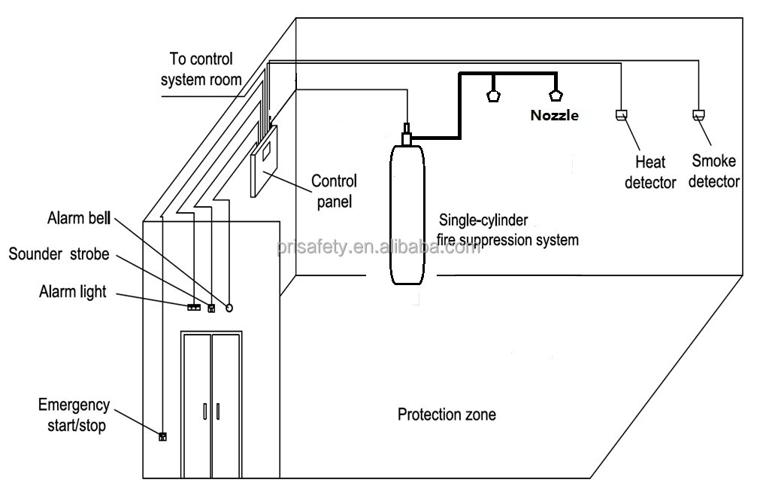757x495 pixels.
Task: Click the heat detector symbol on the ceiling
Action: tap(622, 115)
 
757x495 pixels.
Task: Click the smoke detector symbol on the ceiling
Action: tap(698, 116)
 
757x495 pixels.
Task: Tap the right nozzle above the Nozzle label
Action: tap(556, 96)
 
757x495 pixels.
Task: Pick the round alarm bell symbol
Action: tap(229, 307)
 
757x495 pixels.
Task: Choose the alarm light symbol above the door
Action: tap(193, 307)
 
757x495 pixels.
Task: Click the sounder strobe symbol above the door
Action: tap(212, 307)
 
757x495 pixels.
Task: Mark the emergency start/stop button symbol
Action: tap(162, 436)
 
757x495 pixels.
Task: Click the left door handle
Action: tap(204, 411)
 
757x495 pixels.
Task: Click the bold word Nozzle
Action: tap(555, 115)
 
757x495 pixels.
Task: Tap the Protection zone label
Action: tap(447, 415)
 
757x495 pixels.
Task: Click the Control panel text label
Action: tap(334, 191)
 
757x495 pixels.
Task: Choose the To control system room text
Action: tap(201, 68)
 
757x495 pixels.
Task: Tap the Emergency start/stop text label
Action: tap(74, 415)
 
